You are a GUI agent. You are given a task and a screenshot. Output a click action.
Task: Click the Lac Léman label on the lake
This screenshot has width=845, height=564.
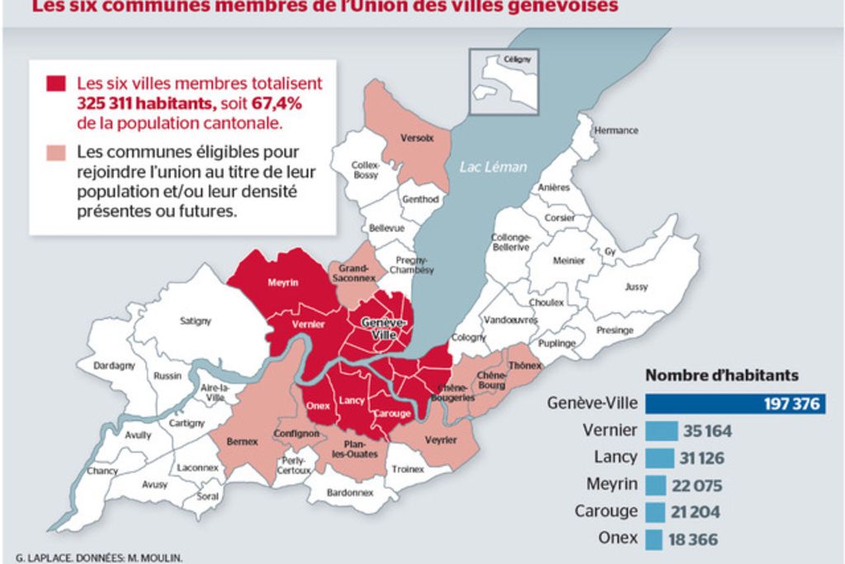click(x=493, y=167)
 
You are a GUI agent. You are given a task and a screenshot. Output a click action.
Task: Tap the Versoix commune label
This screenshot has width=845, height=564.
click(x=417, y=138)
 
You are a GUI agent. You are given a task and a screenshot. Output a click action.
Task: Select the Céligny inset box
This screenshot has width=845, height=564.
click(x=503, y=81)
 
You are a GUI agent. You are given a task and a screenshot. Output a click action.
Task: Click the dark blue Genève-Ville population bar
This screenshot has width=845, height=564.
click(x=734, y=404)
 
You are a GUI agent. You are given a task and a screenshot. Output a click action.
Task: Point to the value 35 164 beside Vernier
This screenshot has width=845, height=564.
click(x=706, y=431)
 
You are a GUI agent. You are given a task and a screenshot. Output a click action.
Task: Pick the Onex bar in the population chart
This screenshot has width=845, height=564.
click(x=653, y=539)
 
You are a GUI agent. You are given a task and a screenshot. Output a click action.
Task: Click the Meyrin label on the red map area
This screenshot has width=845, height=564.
click(x=282, y=282)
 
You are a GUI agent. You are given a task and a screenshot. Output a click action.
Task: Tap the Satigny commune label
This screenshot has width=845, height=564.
click(x=196, y=320)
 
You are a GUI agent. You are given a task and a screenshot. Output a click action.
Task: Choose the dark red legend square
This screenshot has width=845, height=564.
click(x=56, y=84)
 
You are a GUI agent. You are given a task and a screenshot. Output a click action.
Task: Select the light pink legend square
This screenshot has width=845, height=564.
click(x=56, y=153)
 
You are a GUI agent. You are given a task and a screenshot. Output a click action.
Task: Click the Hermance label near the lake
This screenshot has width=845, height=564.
click(x=616, y=130)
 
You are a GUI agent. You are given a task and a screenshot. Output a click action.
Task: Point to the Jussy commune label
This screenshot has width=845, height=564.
click(x=636, y=287)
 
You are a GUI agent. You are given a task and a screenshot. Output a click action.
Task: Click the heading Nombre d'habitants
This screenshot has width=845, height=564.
click(x=721, y=375)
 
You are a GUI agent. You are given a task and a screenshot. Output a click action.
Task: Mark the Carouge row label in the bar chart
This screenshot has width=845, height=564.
click(x=607, y=511)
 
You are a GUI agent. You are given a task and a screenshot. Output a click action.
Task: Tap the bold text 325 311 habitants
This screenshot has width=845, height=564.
click(x=146, y=104)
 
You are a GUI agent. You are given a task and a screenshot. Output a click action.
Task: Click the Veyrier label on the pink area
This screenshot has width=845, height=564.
click(x=441, y=440)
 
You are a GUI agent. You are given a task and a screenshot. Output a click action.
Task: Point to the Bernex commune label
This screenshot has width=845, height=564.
click(x=242, y=442)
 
